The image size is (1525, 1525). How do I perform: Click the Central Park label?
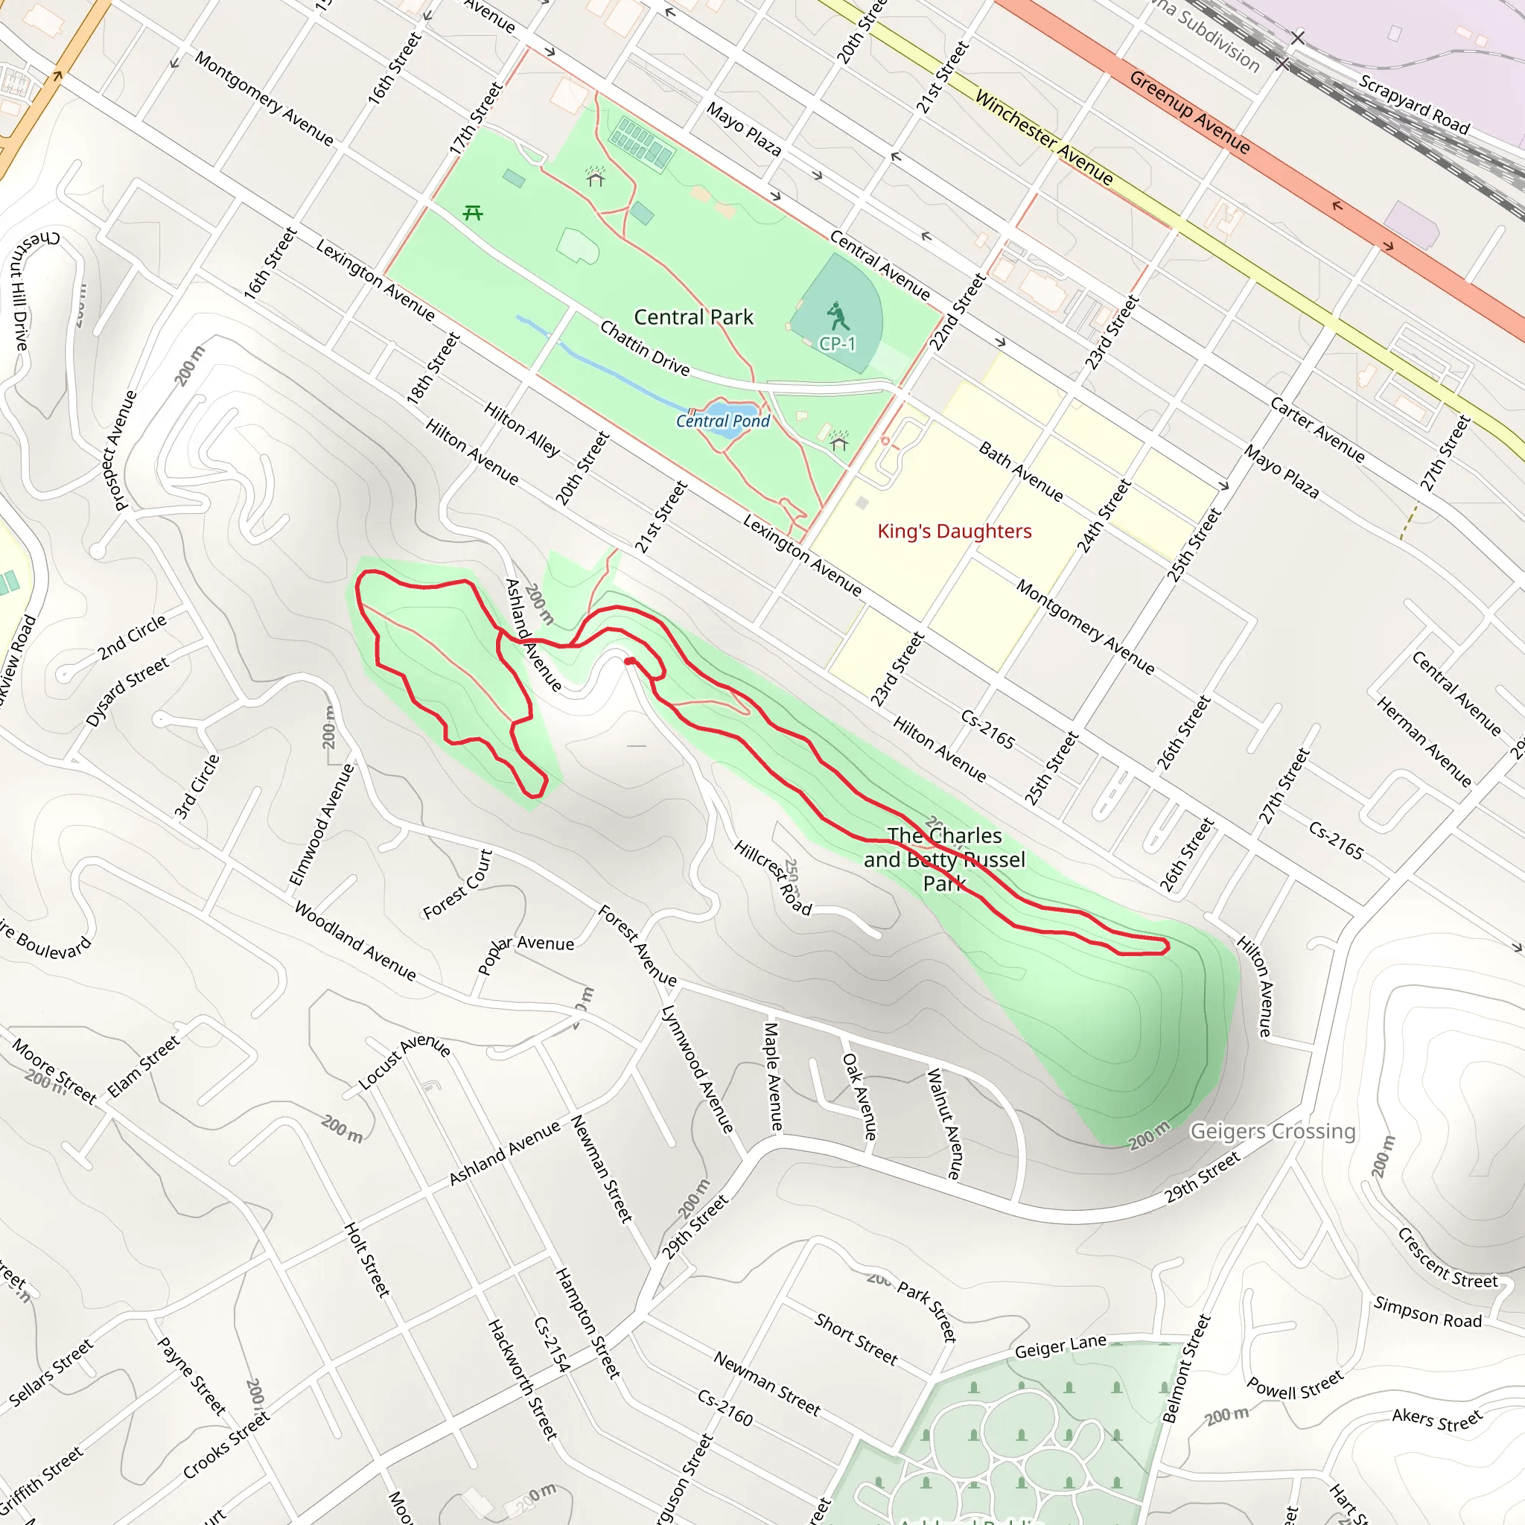pyautogui.click(x=693, y=317)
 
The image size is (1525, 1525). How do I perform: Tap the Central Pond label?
pyautogui.click(x=722, y=421)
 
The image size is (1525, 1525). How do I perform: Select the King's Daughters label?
pyautogui.click(x=955, y=531)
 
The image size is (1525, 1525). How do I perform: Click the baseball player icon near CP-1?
pyautogui.click(x=838, y=316)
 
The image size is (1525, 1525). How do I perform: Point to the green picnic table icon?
pyautogui.click(x=473, y=212)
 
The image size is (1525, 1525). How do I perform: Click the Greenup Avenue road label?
pyautogui.click(x=1188, y=113)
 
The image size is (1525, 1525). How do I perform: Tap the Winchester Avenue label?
pyautogui.click(x=1043, y=139)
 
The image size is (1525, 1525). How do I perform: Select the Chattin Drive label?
pyautogui.click(x=644, y=348)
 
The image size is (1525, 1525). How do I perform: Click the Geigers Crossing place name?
pyautogui.click(x=1273, y=1131)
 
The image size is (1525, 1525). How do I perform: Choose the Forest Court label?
pyautogui.click(x=458, y=884)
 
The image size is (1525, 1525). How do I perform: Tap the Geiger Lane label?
pyautogui.click(x=1060, y=1346)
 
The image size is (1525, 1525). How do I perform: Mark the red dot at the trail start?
pyautogui.click(x=629, y=660)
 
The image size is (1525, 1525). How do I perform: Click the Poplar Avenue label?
pyautogui.click(x=526, y=955)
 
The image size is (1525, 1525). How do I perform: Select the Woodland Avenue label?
pyautogui.click(x=354, y=941)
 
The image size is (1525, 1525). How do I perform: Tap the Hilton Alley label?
pyautogui.click(x=522, y=430)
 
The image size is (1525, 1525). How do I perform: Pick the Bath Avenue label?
pyautogui.click(x=1021, y=471)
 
